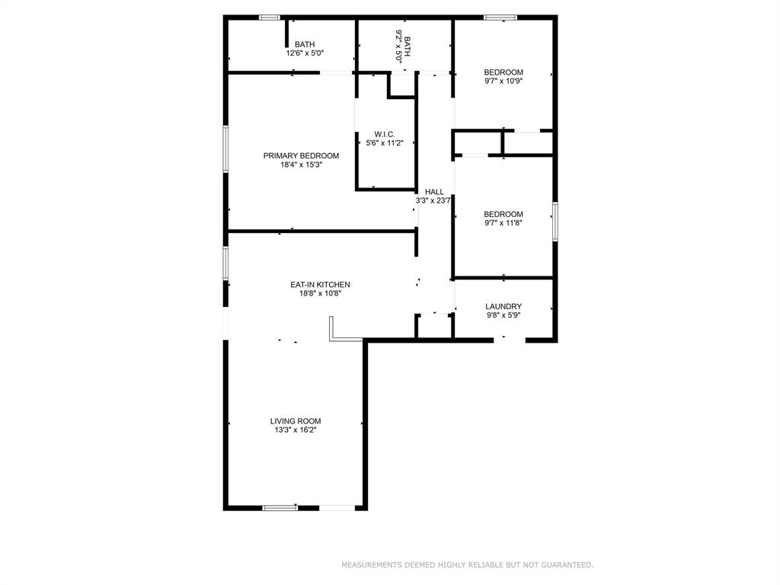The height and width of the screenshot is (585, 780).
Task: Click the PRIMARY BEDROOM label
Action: point(301,155)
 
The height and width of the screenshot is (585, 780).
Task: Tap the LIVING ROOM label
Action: point(296,420)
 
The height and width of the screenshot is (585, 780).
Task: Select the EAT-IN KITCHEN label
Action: point(321,285)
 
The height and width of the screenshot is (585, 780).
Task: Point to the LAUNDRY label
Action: point(503,306)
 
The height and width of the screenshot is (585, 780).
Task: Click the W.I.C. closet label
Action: point(385,134)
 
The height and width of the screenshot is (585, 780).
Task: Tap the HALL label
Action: point(434,192)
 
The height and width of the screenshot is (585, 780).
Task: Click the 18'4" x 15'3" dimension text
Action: point(302,165)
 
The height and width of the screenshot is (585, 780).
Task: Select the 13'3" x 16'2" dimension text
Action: point(296,430)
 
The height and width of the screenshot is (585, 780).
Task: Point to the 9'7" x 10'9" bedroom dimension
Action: point(503,81)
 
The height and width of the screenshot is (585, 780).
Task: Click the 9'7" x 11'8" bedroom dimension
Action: point(503,223)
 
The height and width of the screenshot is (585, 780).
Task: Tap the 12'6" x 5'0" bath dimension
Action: point(305,53)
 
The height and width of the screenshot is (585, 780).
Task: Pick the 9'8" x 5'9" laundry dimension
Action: point(503,315)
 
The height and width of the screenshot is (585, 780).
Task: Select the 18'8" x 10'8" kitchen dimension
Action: point(321,293)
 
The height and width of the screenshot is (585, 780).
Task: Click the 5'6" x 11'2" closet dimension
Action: point(385,143)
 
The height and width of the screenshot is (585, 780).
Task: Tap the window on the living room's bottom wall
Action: point(280,508)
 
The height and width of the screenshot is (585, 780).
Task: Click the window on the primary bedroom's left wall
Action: point(225,149)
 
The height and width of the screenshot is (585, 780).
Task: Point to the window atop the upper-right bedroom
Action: point(501,18)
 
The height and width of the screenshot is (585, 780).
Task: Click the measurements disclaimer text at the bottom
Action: point(467,565)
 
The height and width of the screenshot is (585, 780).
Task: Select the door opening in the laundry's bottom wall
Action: point(510,340)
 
